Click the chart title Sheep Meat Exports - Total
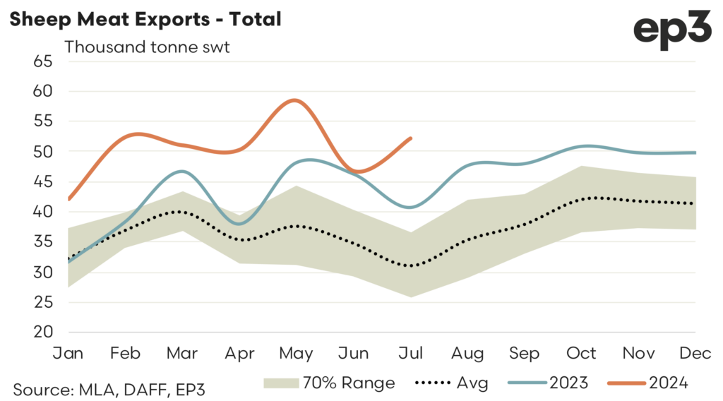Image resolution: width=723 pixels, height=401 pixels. (145, 19)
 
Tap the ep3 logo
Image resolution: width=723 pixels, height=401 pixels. (673, 30)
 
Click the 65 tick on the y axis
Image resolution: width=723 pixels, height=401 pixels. (44, 61)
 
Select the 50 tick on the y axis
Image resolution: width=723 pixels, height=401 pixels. (44, 152)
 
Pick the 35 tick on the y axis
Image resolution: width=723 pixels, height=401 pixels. (44, 242)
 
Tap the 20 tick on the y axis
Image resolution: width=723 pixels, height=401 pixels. (44, 333)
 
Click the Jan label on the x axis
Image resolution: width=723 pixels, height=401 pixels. (68, 352)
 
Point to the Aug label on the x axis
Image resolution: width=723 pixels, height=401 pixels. (468, 352)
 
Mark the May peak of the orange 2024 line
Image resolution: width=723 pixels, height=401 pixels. (295, 100)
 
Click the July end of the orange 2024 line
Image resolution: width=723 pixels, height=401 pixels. (411, 138)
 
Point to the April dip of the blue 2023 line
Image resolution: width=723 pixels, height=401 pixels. (239, 224)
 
